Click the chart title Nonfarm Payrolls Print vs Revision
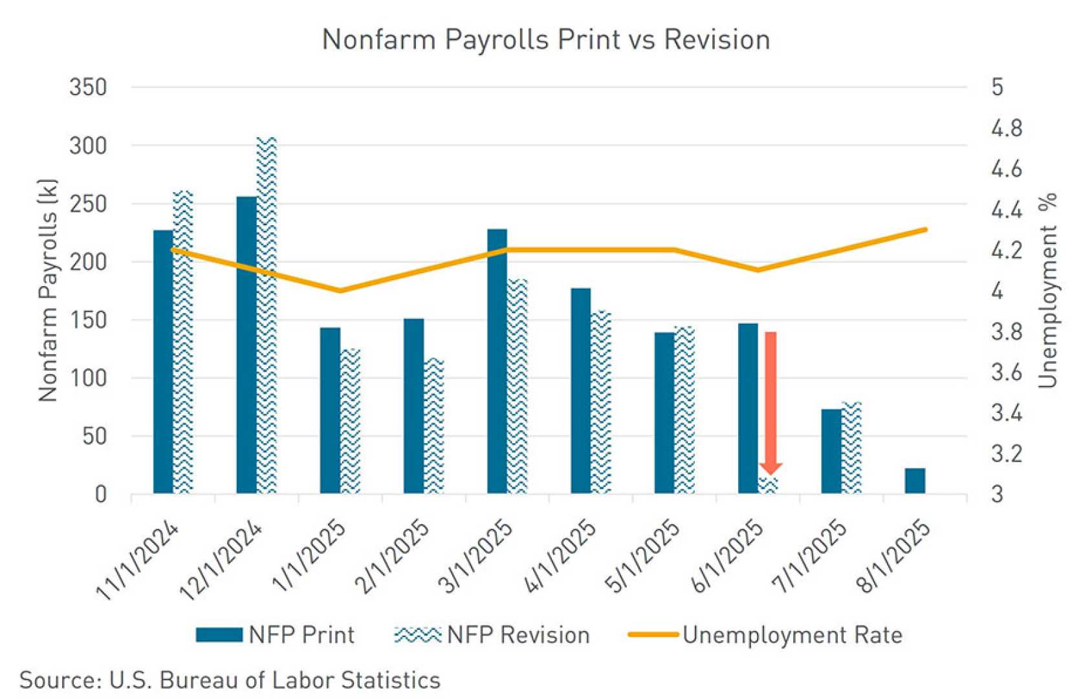(545, 39)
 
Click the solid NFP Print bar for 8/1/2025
(915, 481)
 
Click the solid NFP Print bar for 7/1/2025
(831, 451)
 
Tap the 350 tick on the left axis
(88, 87)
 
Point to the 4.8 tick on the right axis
(1007, 128)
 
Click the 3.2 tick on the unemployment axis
(1007, 454)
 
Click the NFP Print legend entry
(275, 635)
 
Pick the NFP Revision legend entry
(492, 635)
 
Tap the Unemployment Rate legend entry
(765, 635)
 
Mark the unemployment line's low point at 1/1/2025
(340, 291)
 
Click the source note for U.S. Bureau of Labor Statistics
(230, 680)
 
